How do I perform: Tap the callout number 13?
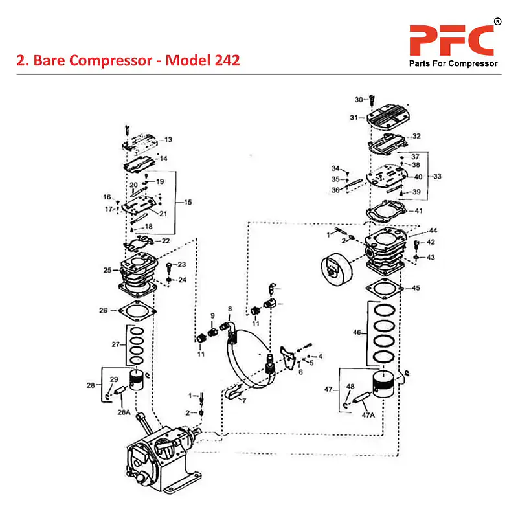click(168, 140)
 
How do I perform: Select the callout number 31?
click(354, 118)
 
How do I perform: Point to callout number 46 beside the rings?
click(357, 332)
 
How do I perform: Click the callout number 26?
click(103, 311)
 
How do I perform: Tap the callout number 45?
click(416, 288)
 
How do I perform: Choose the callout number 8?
click(229, 308)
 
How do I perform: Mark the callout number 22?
click(166, 241)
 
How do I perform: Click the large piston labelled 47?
click(387, 387)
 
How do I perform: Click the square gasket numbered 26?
click(137, 311)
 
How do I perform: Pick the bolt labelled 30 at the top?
click(372, 100)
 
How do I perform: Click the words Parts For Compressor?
click(453, 63)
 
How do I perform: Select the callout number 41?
click(418, 211)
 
